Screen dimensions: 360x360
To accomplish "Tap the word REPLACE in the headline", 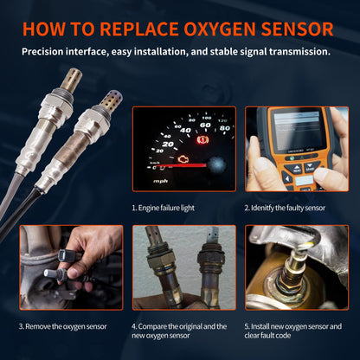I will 139,29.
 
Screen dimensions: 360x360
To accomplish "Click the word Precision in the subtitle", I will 48,51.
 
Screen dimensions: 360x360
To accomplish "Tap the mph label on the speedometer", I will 160,181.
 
